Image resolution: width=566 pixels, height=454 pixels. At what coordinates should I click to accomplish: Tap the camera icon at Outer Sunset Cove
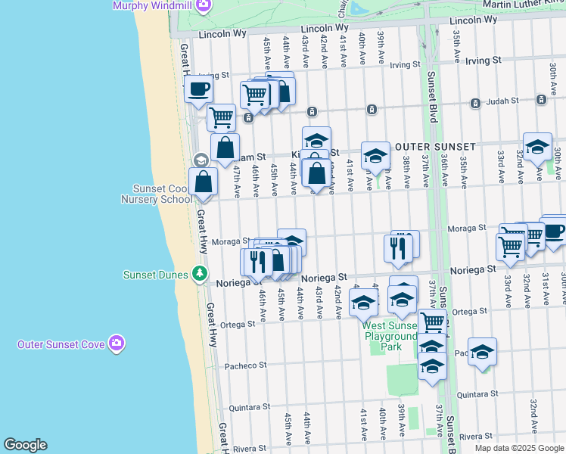(x=116, y=344)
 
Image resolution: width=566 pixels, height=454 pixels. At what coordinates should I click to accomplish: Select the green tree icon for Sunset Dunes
(x=200, y=273)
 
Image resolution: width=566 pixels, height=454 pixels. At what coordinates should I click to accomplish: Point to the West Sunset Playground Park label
(x=391, y=331)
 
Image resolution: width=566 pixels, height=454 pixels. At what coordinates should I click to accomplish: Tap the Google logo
(x=25, y=445)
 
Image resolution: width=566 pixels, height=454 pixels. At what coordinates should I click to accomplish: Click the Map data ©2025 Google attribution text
(x=519, y=448)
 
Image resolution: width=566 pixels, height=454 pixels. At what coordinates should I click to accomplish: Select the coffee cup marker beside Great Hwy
(x=198, y=89)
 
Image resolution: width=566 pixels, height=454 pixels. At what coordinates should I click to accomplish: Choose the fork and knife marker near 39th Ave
(x=399, y=247)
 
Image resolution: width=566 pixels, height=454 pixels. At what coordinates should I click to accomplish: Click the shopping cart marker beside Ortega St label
(x=432, y=322)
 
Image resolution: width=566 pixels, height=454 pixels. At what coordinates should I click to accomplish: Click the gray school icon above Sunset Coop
(x=201, y=160)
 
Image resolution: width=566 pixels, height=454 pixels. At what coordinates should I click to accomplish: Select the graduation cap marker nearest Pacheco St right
(x=481, y=353)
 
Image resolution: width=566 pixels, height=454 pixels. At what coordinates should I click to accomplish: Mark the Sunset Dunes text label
(x=155, y=274)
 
